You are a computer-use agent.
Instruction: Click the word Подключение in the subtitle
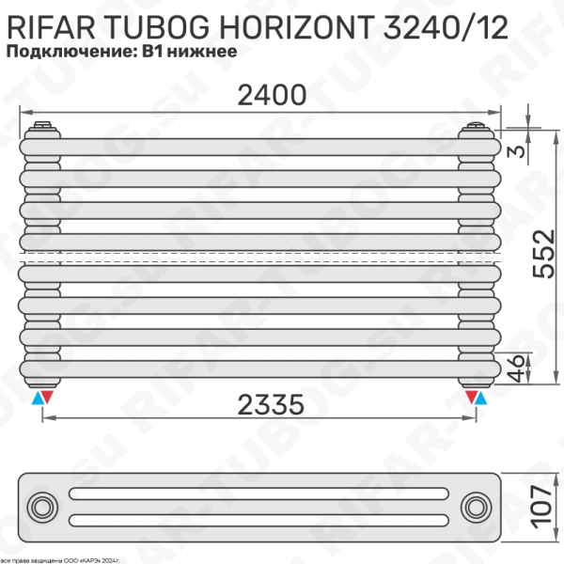[x=70, y=52]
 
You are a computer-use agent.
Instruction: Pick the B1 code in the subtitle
[x=152, y=52]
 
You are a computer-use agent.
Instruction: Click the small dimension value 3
[x=516, y=151]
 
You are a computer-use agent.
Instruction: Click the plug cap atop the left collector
[x=42, y=125]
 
